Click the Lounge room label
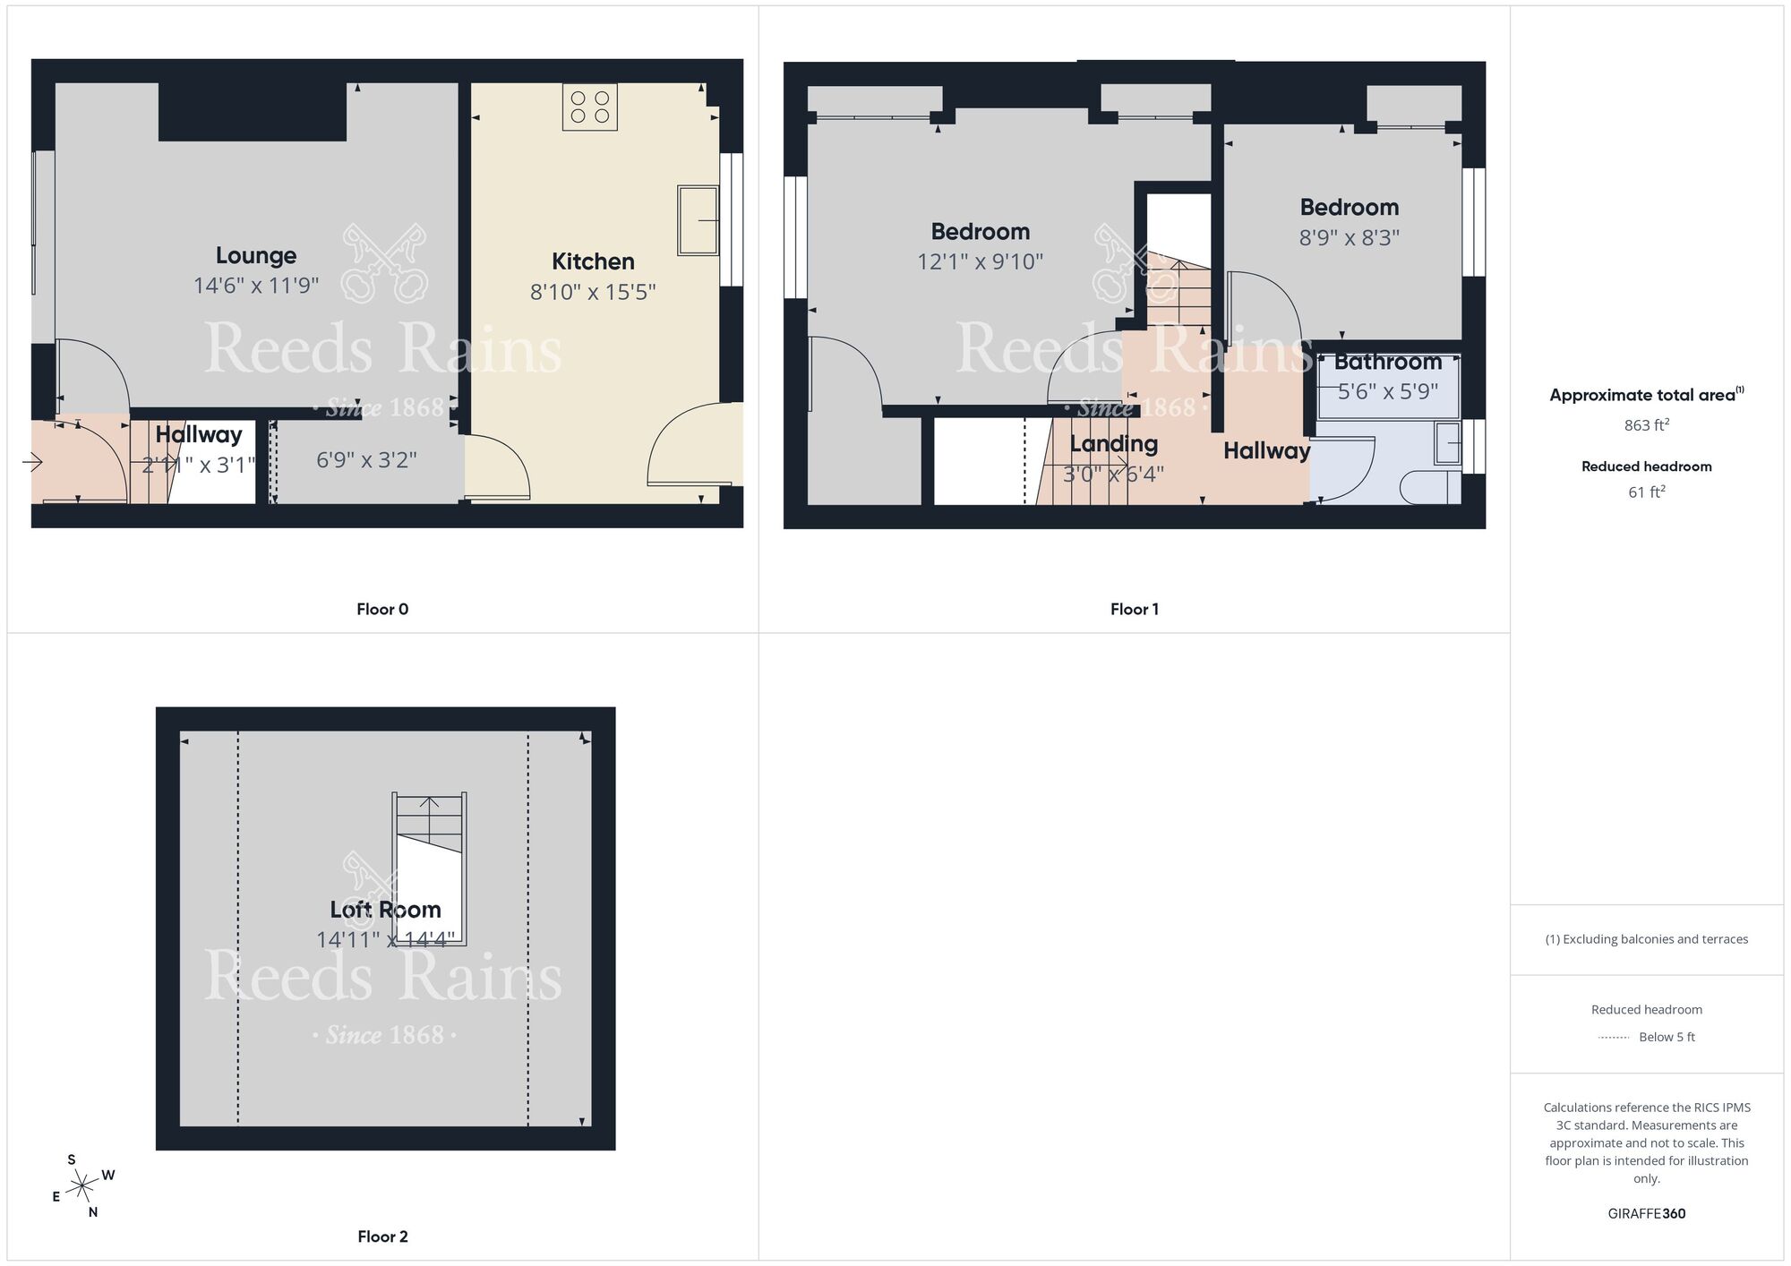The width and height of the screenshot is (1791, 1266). coord(255,256)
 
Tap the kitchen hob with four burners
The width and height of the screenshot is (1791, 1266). coord(589,107)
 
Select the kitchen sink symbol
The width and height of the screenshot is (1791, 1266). coord(698,220)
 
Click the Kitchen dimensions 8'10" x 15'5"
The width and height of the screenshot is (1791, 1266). coord(593,292)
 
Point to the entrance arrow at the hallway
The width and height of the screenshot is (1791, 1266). coord(32,462)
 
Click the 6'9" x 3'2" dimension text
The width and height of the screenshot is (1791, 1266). coord(366,460)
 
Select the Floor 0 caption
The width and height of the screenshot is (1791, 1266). coord(382,610)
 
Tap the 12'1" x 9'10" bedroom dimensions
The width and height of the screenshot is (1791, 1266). coord(980,262)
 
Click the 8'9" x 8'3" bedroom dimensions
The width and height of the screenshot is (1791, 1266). coord(1349,238)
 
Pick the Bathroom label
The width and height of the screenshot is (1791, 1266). coord(1387,363)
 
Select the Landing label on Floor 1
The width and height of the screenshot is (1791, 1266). coord(1113,444)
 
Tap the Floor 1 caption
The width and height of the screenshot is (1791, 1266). coord(1134,610)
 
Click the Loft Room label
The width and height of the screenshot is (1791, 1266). coord(385,910)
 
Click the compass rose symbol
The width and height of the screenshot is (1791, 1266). coord(82,1187)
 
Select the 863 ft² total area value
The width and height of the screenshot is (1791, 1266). coord(1646,425)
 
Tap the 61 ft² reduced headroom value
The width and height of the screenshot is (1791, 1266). coord(1646,492)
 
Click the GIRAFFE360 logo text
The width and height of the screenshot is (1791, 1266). coord(1646,1214)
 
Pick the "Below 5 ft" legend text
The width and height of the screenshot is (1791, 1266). coord(1666,1037)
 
